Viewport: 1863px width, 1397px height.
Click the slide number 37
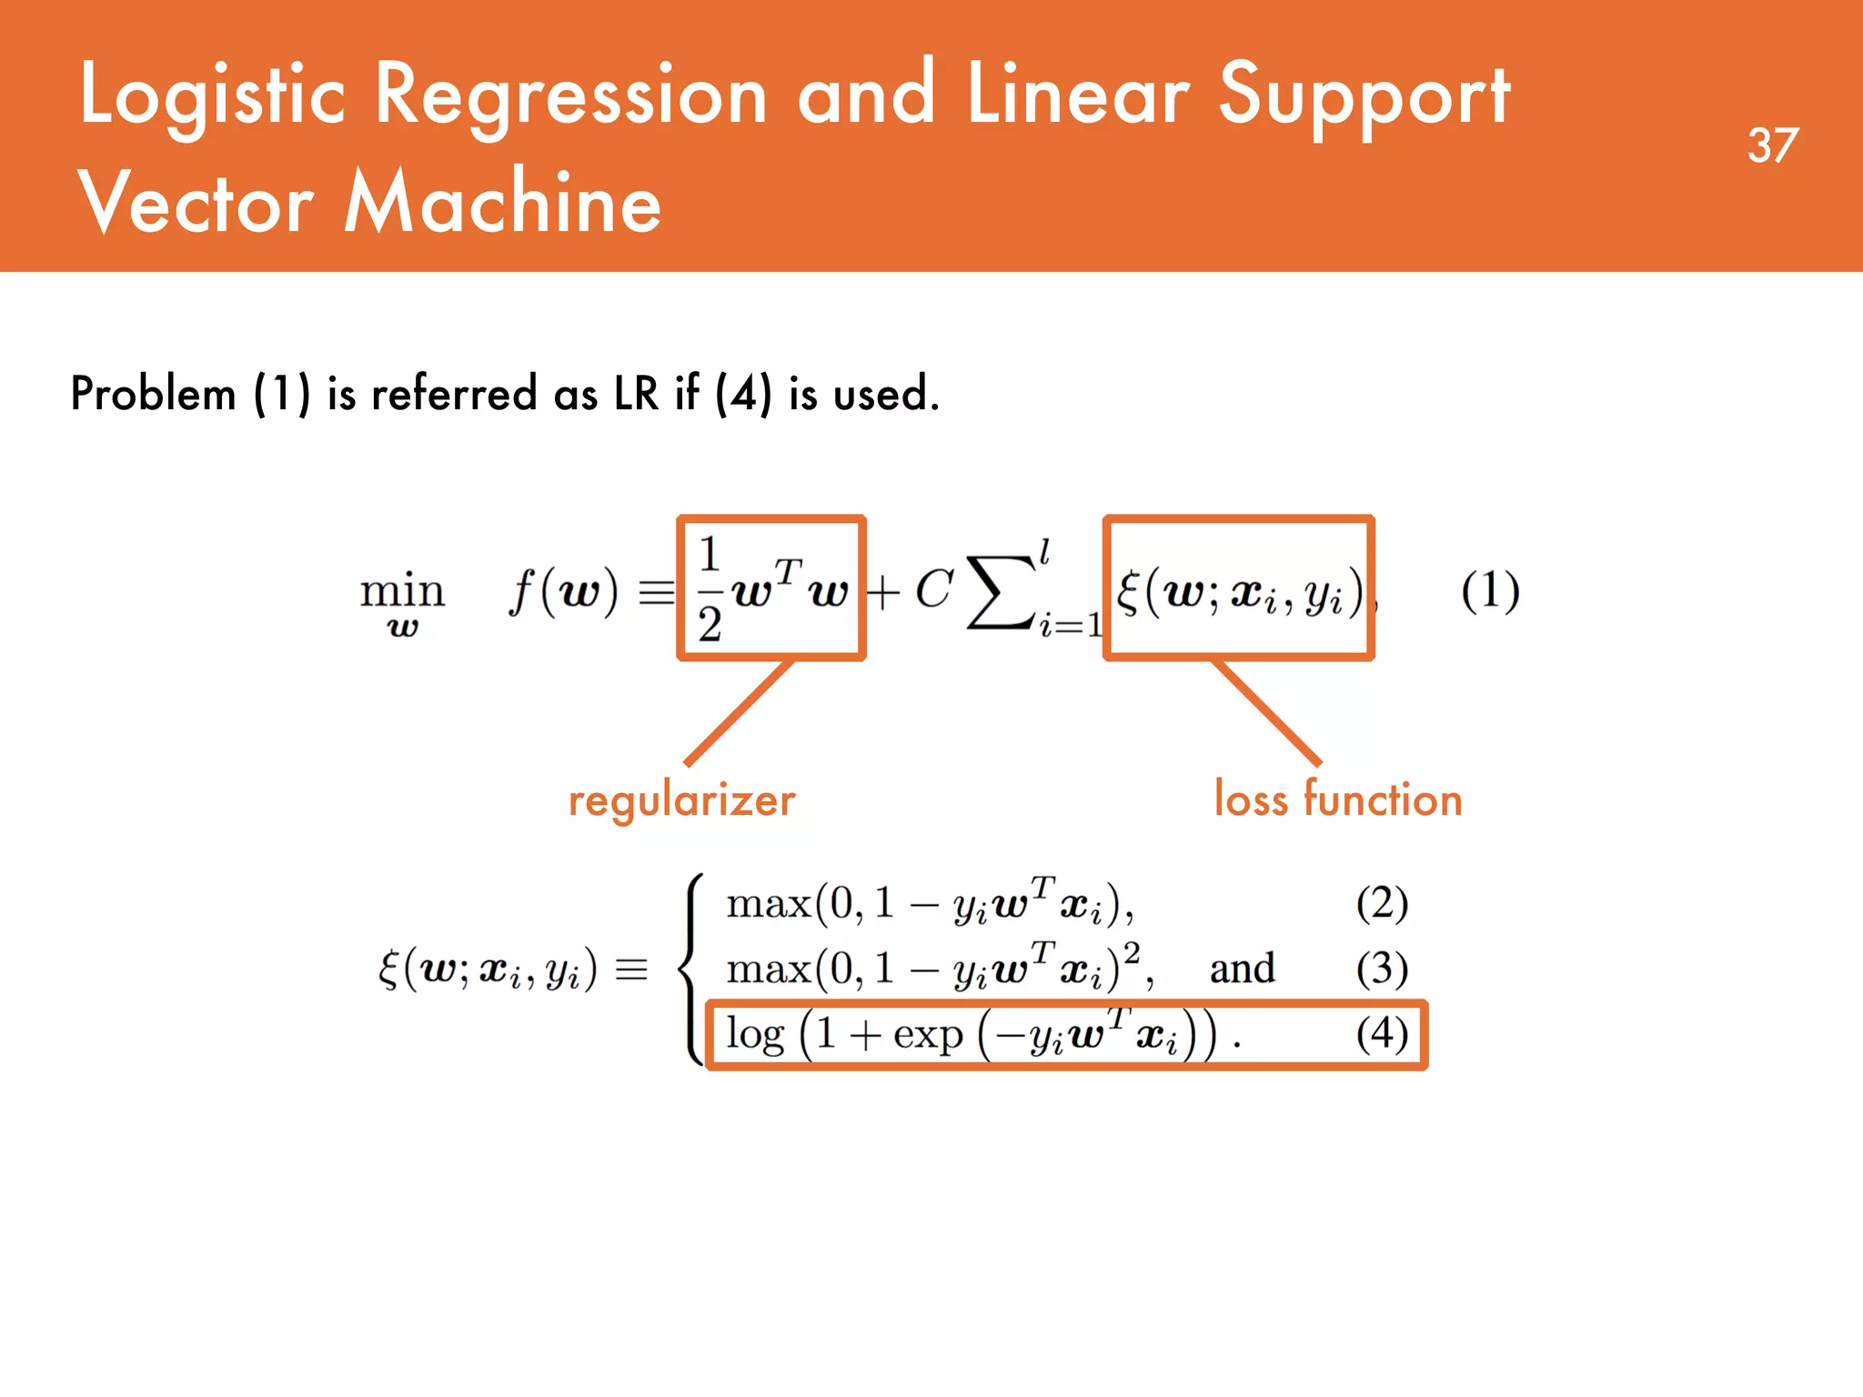[1772, 146]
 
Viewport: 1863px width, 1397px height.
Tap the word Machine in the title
[503, 202]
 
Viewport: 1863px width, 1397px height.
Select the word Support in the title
[1365, 96]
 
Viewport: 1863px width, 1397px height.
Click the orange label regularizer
[681, 801]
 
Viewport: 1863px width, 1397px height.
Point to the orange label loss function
[1338, 799]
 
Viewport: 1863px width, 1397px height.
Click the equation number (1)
[1490, 591]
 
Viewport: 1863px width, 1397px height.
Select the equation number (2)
[1382, 903]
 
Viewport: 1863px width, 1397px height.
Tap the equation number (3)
[1382, 969]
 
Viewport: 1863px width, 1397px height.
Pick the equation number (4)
[1382, 1033]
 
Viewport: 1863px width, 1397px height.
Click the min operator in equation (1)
[402, 591]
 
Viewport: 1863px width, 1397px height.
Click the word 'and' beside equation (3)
[1242, 969]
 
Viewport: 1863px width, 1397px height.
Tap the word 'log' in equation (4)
[755, 1035]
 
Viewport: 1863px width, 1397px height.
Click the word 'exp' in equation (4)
[928, 1035]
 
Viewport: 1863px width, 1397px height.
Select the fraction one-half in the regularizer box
[710, 589]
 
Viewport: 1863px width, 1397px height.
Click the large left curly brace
[693, 969]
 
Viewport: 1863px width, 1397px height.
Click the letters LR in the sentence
[636, 394]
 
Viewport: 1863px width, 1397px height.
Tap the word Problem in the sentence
[153, 394]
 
